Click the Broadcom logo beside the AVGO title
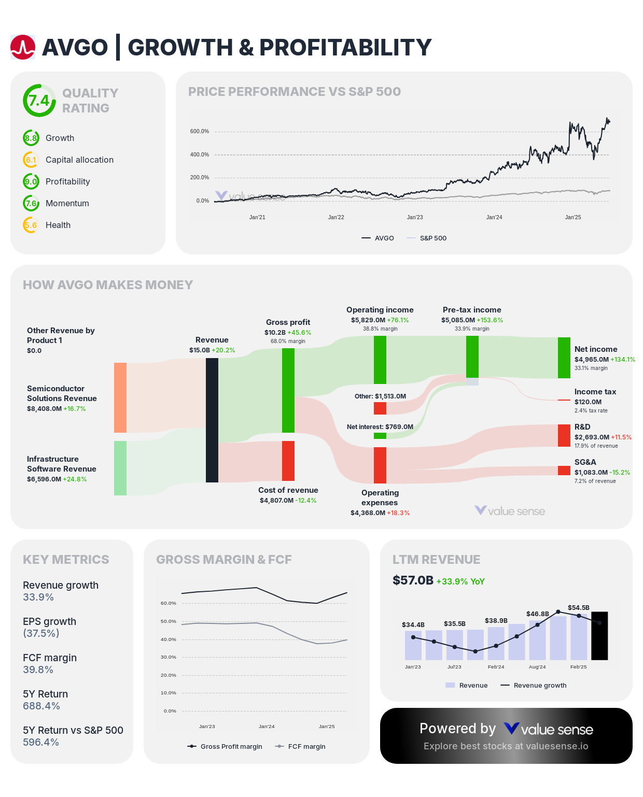(x=23, y=47)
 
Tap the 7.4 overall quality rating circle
(x=39, y=101)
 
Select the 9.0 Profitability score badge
(x=31, y=181)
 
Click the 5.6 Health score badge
(x=31, y=225)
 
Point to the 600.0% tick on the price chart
(x=200, y=132)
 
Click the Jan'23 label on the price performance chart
(x=415, y=217)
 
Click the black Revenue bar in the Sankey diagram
(x=212, y=420)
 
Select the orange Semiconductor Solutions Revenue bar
(x=120, y=397)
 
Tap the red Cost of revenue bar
(x=288, y=461)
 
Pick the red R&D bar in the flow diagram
(x=564, y=435)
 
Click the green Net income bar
(x=564, y=358)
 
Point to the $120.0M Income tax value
(x=588, y=402)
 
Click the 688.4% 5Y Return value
(x=41, y=706)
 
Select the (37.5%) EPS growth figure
(x=41, y=633)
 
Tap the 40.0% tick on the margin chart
(x=169, y=639)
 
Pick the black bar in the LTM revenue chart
(x=599, y=636)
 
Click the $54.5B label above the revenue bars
(x=579, y=607)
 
